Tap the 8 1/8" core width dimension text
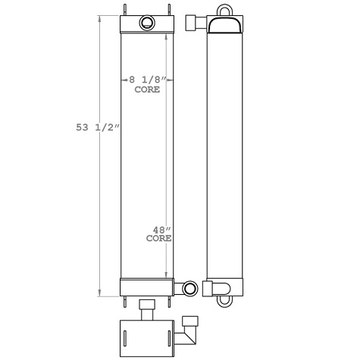pos(146,80)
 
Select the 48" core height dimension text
pos(161,230)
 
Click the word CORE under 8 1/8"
pos(146,89)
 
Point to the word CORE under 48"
pos(158,238)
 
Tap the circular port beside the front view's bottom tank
pos(189,288)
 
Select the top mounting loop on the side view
pos(224,11)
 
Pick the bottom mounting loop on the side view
pos(224,301)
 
